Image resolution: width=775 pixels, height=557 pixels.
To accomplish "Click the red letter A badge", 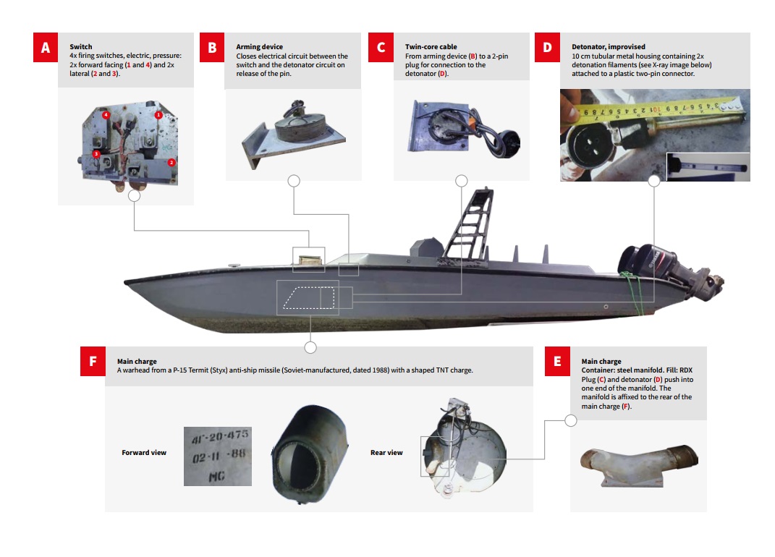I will click(x=46, y=48).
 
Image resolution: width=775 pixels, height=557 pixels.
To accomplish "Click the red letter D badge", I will click(x=547, y=48).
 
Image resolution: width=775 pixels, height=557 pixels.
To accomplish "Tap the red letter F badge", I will click(x=93, y=362).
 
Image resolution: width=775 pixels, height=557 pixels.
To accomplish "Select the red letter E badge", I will click(x=556, y=362).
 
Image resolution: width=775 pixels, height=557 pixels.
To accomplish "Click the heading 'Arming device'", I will click(x=259, y=47).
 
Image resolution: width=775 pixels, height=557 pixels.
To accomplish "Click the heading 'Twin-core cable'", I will click(x=431, y=47).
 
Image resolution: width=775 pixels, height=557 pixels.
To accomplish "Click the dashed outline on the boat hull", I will click(x=308, y=297).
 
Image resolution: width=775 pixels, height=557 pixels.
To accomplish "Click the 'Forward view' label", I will click(x=144, y=453).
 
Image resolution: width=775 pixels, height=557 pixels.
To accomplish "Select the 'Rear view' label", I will click(x=386, y=453).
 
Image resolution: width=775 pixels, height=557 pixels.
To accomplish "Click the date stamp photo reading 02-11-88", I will click(x=217, y=456).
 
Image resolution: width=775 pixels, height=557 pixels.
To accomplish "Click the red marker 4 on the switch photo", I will click(x=106, y=115).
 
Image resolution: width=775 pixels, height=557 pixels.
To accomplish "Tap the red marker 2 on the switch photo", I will click(x=171, y=162).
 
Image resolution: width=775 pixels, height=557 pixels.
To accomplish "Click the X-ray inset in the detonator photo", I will click(x=708, y=166).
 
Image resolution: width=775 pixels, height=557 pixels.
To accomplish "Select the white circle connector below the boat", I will click(x=310, y=348).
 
